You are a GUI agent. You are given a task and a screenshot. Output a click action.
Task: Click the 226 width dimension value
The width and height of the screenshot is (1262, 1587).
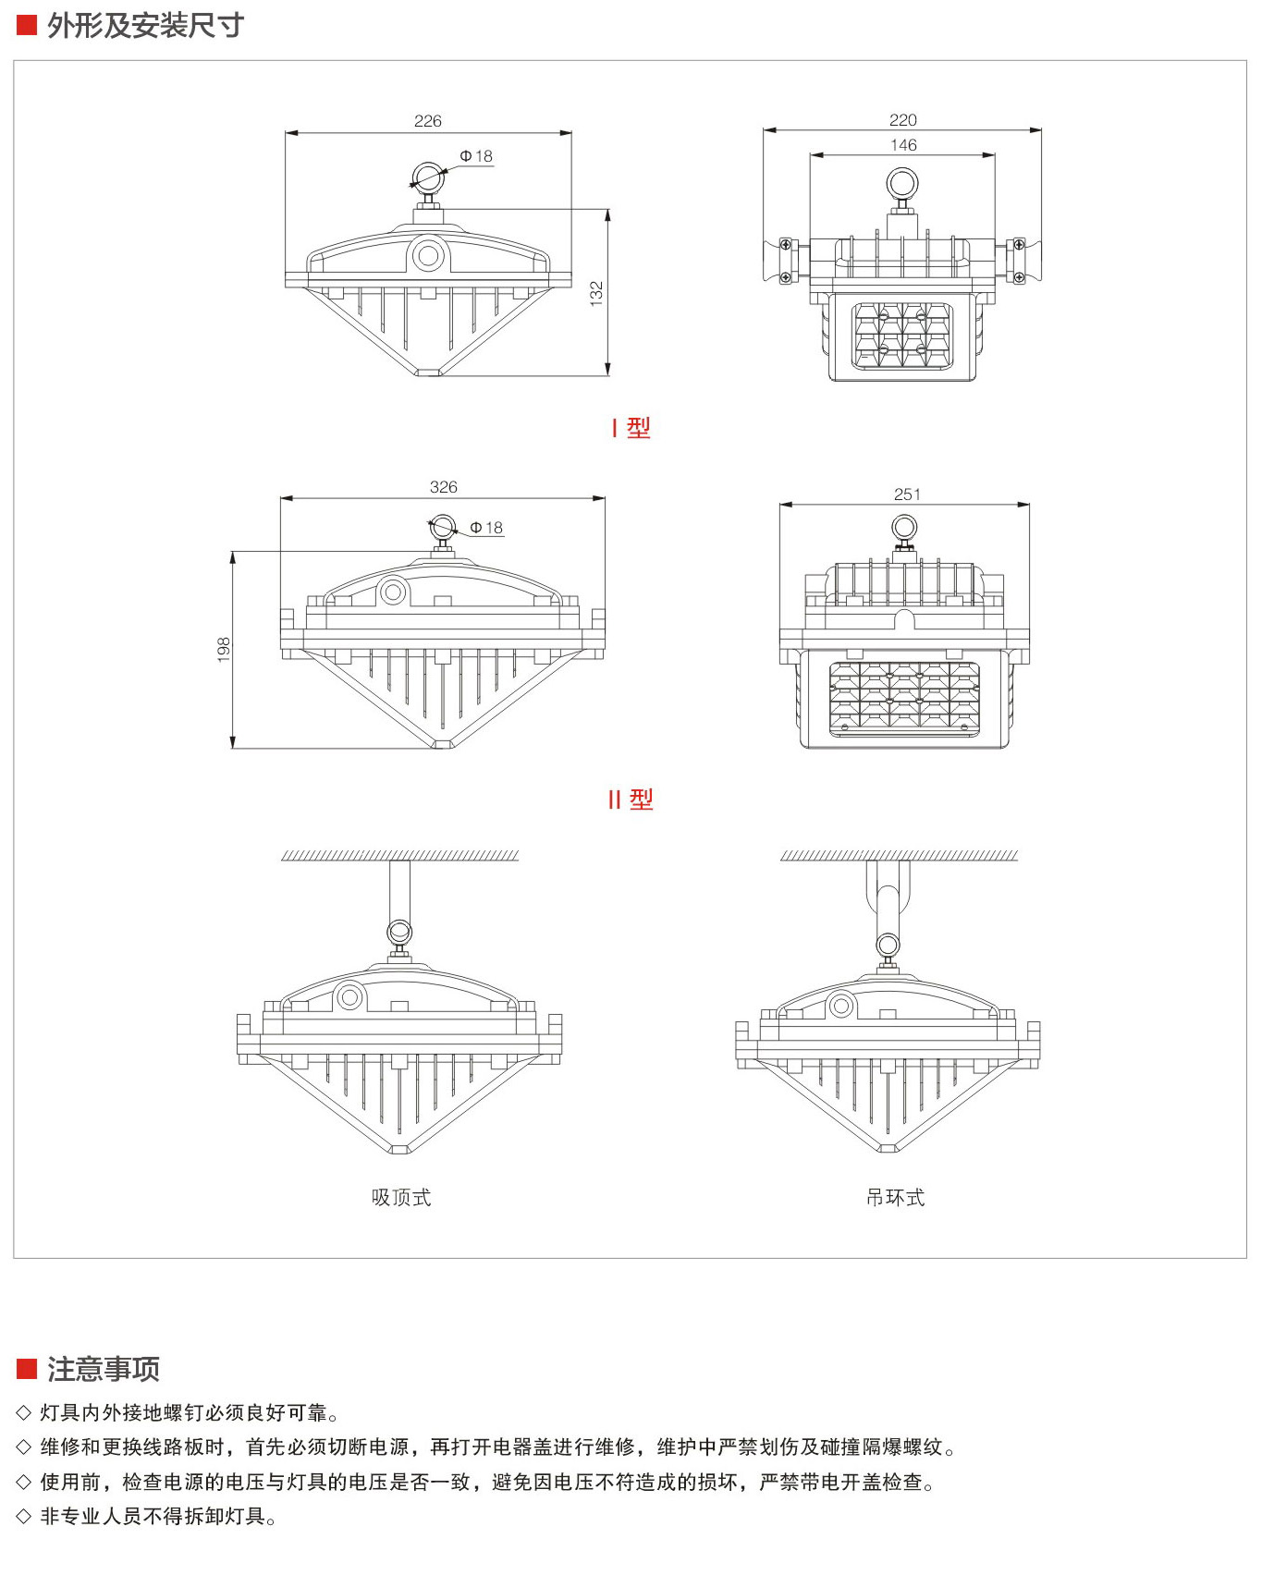pos(428,121)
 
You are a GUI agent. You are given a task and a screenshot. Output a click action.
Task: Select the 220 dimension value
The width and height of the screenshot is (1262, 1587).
pos(902,120)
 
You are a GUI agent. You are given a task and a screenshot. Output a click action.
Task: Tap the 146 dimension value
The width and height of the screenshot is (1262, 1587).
pos(903,145)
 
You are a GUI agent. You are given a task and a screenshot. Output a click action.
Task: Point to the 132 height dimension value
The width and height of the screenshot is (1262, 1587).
pos(596,294)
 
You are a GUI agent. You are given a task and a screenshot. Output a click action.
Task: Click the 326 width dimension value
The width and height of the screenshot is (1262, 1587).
pos(444,487)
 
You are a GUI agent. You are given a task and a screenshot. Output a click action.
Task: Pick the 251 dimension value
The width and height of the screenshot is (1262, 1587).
pos(907,494)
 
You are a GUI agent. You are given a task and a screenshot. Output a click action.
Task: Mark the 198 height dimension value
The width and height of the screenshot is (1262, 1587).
pos(223,649)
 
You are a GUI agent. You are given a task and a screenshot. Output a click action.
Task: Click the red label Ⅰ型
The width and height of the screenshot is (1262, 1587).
pos(631,428)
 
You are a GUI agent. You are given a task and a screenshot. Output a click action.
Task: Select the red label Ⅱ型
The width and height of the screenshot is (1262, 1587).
pos(631,800)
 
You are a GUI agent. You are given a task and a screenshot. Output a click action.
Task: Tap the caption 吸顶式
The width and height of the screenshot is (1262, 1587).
pos(401,1198)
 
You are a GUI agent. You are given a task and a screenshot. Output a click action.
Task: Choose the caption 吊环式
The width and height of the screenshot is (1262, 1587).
pos(895,1198)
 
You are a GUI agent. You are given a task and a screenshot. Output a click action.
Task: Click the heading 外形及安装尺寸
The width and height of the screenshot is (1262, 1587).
pos(145,26)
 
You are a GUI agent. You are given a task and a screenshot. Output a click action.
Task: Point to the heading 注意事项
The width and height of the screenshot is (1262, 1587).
pos(104,1369)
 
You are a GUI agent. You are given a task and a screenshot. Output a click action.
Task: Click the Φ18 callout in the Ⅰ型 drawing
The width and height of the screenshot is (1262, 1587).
pos(476,156)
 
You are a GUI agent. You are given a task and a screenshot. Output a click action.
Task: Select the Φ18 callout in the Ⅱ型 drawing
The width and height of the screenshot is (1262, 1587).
pos(486,528)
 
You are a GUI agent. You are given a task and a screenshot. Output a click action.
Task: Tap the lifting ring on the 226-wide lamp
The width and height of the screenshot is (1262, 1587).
pos(428,176)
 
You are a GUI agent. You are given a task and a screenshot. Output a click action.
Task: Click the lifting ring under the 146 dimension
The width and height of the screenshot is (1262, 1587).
pos(902,183)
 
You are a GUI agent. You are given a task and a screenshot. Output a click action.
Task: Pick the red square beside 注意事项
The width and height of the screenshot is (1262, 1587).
pos(27,1369)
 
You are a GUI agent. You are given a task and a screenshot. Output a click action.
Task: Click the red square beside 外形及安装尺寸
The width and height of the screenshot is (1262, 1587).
pos(27,26)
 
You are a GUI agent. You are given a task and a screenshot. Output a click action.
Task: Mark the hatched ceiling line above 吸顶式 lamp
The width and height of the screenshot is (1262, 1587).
pos(399,856)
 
